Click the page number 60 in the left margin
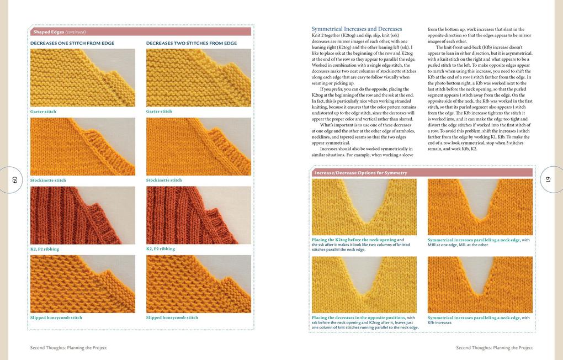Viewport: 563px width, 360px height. pos(15,179)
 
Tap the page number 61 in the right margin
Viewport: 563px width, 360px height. pos(548,179)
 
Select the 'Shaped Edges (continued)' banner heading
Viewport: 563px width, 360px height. pos(59,32)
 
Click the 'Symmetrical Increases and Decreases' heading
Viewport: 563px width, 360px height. pos(357,29)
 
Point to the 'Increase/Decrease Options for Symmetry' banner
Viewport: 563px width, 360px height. pos(360,173)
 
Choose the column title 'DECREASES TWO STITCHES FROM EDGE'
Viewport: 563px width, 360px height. pos(191,43)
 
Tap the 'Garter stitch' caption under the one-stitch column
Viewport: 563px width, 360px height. pos(43,112)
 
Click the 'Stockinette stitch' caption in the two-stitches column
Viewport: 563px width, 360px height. pos(164,180)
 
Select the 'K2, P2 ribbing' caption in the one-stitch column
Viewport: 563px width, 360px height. pos(45,249)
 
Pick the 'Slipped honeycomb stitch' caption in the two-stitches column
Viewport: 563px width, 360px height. pos(172,317)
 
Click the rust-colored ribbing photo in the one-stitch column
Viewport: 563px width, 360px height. pos(83,215)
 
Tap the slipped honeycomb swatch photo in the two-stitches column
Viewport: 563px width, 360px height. pos(199,284)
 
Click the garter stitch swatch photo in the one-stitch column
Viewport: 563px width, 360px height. pos(83,77)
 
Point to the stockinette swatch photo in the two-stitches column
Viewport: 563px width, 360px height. pos(199,146)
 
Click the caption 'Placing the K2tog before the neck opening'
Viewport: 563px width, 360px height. pos(354,240)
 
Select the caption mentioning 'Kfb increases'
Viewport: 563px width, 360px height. pos(478,320)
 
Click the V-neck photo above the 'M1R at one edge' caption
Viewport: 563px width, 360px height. pos(480,207)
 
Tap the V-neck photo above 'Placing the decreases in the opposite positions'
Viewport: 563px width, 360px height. pos(364,284)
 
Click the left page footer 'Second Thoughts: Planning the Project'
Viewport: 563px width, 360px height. pos(68,348)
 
